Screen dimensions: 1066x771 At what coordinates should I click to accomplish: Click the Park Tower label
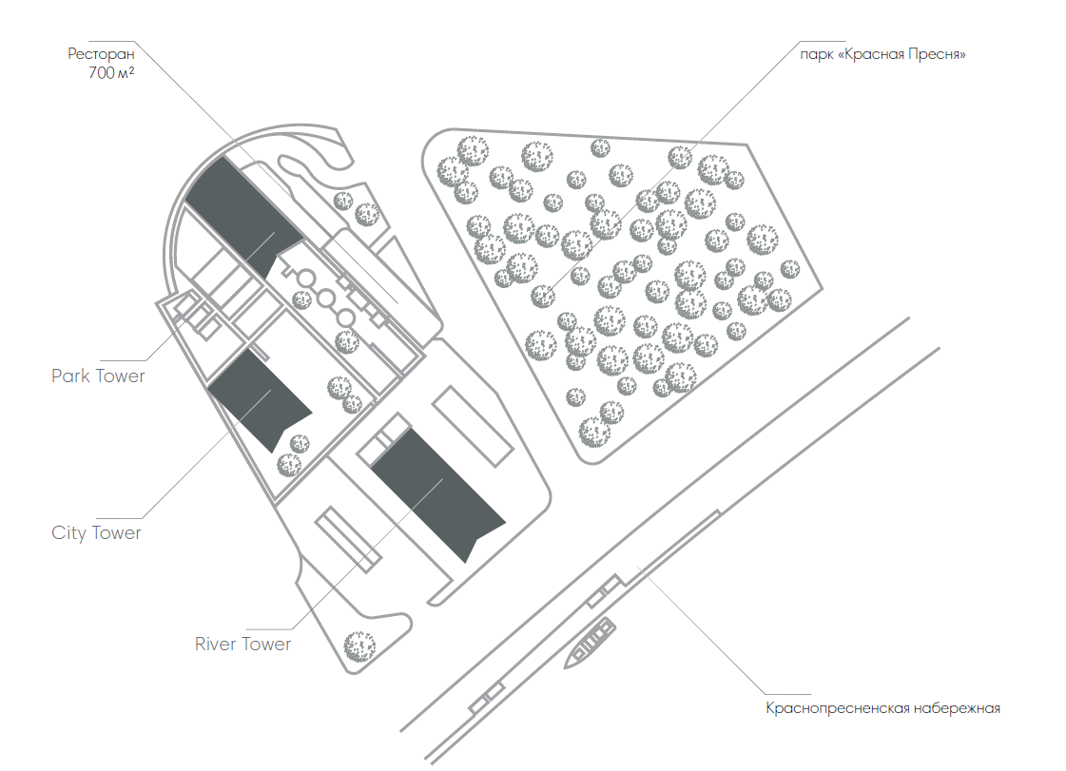[x=99, y=376]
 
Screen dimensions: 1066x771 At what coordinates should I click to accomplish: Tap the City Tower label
[x=97, y=533]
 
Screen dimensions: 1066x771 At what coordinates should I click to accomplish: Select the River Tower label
[x=242, y=644]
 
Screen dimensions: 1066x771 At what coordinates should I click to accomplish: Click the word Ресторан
[x=102, y=53]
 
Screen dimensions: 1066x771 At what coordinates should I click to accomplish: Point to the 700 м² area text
[x=111, y=73]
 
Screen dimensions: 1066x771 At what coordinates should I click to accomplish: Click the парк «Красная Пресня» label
[x=882, y=54]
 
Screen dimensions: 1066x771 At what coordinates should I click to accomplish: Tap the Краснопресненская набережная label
[x=883, y=708]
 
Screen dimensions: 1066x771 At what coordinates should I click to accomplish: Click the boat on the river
[x=591, y=644]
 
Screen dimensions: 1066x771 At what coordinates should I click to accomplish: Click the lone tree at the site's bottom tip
[x=359, y=646]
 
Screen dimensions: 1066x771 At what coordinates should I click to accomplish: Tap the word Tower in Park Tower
[x=121, y=376]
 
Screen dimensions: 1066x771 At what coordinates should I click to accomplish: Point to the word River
[x=216, y=644]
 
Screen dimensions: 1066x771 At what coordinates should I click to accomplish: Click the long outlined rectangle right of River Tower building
[x=473, y=426]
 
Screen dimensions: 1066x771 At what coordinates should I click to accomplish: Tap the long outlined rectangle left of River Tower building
[x=347, y=539]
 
